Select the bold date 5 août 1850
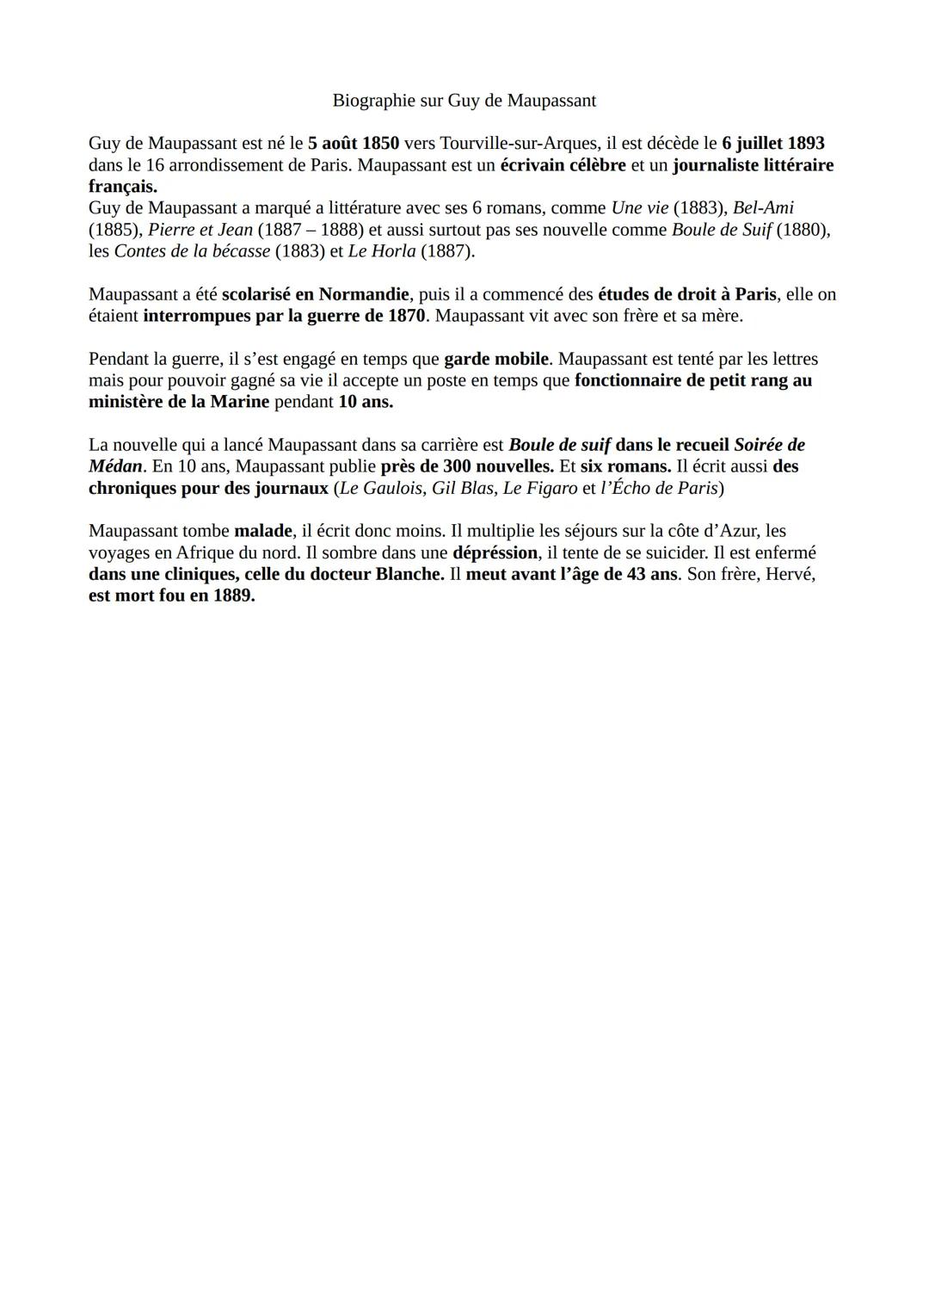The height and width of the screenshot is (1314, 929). [x=353, y=144]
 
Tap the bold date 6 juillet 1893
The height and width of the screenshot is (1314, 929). [x=772, y=144]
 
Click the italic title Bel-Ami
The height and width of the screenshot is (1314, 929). [x=763, y=208]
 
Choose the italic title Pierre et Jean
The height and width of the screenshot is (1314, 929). [x=200, y=230]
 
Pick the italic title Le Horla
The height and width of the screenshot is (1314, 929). [x=381, y=251]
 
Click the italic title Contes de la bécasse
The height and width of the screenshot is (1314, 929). [x=192, y=251]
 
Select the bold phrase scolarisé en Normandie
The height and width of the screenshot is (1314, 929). [x=315, y=294]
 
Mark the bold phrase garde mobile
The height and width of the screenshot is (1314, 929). [x=495, y=359]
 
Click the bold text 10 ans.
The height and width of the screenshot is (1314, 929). [x=365, y=402]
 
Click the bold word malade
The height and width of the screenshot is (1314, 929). [x=262, y=531]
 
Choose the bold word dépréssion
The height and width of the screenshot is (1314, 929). [x=495, y=552]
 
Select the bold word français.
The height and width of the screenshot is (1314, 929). [x=122, y=187]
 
